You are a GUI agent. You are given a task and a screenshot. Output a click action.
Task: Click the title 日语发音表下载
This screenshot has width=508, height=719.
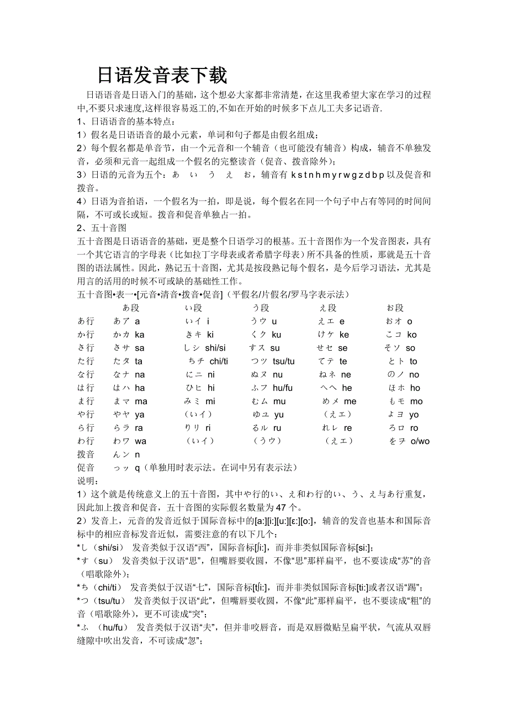point(162,75)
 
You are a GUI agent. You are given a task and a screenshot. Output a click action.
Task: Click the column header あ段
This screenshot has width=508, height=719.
point(131,308)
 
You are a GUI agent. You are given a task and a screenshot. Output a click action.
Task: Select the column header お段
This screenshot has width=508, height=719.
point(395,308)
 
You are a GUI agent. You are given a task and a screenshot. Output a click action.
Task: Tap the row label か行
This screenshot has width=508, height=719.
point(86,335)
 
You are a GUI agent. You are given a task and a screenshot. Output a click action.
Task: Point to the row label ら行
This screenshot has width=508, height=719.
point(86,428)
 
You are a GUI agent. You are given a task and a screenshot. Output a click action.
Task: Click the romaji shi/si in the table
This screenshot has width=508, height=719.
point(215,348)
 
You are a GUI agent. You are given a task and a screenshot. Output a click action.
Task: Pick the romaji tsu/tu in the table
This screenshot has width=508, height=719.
point(284,361)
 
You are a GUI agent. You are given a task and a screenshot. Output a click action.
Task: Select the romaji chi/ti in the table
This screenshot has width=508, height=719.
point(219,361)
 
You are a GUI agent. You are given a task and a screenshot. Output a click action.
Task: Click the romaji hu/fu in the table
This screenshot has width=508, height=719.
point(283,388)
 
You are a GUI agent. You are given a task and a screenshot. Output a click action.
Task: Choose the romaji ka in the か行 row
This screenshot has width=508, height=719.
point(140,335)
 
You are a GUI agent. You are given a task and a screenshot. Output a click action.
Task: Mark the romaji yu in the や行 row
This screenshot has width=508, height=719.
point(279,415)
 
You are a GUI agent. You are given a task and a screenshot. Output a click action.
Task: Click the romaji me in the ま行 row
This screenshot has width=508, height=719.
point(350,401)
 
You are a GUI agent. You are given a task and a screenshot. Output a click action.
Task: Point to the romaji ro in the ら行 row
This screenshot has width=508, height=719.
point(414,428)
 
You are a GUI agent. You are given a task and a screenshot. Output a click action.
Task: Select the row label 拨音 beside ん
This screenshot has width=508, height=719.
point(86,454)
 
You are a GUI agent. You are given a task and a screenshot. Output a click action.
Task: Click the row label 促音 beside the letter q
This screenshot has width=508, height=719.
point(86,468)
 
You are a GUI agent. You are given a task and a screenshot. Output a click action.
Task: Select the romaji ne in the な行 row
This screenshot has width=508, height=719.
point(346,374)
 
